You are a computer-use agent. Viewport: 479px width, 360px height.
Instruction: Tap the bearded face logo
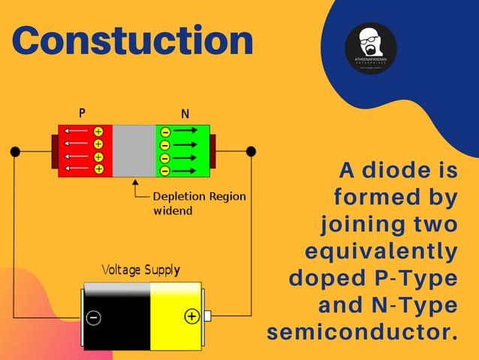(x=370, y=47)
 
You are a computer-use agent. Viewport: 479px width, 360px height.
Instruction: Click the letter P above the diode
(x=82, y=113)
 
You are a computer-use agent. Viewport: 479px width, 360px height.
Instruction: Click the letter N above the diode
(x=185, y=114)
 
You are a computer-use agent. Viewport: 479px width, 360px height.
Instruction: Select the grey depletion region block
(x=134, y=150)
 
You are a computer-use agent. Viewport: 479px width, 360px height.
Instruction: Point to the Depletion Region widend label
(x=198, y=203)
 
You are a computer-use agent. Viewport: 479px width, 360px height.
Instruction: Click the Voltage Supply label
(x=140, y=269)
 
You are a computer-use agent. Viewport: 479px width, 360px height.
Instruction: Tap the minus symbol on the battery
(x=94, y=317)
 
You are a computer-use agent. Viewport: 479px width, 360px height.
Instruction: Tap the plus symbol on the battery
(x=191, y=316)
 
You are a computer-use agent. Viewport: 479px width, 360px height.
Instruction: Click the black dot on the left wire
(x=15, y=152)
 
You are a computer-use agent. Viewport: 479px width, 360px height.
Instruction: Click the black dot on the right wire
(x=251, y=152)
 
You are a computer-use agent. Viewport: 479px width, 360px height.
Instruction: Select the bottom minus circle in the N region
(x=165, y=171)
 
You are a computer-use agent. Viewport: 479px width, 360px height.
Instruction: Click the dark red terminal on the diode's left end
(x=54, y=152)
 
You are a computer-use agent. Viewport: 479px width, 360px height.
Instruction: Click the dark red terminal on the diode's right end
(x=212, y=151)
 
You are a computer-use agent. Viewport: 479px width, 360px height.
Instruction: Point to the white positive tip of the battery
(x=207, y=316)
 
